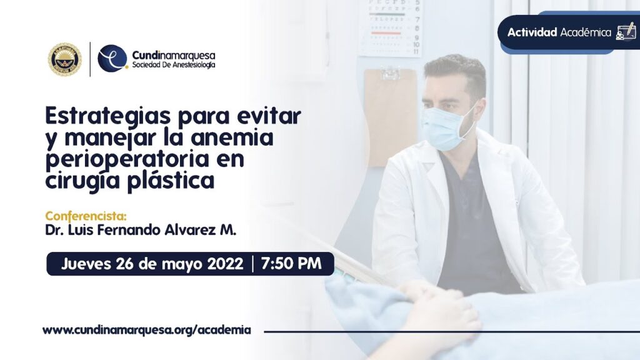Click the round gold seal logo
64,59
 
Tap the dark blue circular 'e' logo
112,59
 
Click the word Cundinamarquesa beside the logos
174,55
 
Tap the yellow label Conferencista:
86,216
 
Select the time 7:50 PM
291,264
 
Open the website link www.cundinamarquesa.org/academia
147,330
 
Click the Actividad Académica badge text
559,32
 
